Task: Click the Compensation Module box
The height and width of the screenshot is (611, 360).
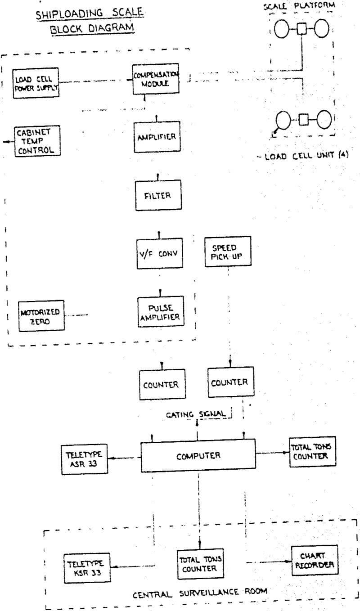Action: (x=154, y=80)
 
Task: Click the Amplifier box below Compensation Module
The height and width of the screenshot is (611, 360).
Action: (x=156, y=137)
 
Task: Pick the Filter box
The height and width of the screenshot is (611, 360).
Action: (x=158, y=196)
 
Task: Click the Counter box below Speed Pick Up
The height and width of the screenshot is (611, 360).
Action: (x=229, y=382)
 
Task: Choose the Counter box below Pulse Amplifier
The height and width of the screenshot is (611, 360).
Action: (x=161, y=385)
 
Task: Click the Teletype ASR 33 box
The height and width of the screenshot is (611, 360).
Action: (x=84, y=459)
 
